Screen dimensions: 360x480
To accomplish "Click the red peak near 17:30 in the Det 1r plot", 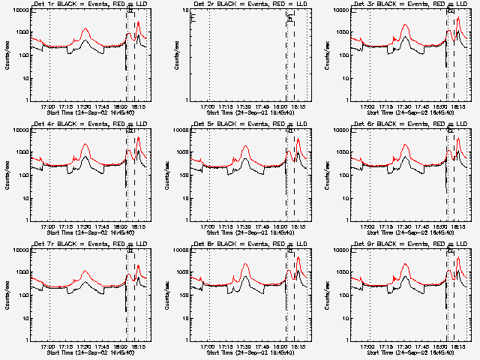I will click(x=85, y=30).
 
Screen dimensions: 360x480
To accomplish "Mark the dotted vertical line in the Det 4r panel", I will click(x=49, y=174).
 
